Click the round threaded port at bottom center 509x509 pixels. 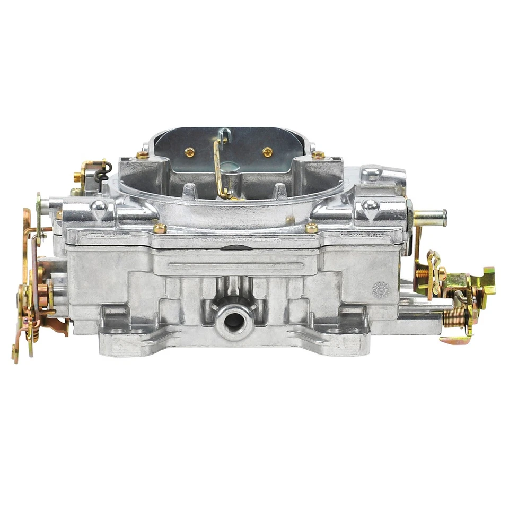pyautogui.click(x=232, y=320)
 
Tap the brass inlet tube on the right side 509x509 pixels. pyautogui.click(x=431, y=217)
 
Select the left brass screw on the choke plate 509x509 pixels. pyautogui.click(x=189, y=152)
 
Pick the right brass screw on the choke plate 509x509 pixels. pyautogui.click(x=268, y=152)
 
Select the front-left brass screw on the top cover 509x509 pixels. pyautogui.click(x=160, y=228)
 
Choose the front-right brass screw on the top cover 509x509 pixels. pyautogui.click(x=312, y=228)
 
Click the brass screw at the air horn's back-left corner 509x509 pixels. pyautogui.click(x=142, y=155)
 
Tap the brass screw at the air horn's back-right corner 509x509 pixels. pyautogui.click(x=318, y=155)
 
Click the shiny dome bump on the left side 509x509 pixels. pyautogui.click(x=98, y=205)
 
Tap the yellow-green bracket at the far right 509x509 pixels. pyautogui.click(x=484, y=281)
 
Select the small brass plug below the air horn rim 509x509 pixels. pyautogui.click(x=289, y=219)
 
